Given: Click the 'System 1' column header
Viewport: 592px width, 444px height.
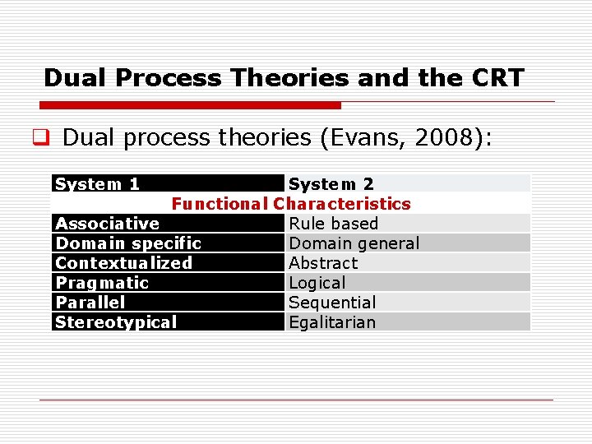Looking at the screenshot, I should point(97,184).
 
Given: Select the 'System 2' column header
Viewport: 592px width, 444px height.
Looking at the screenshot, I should point(331,184).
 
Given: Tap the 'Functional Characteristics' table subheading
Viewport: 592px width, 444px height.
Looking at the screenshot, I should point(291,204).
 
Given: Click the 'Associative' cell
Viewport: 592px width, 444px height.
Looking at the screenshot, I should point(107,224).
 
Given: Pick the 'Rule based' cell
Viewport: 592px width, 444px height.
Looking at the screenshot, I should point(333,224).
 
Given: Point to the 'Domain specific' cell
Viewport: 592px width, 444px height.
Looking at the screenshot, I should point(127,243).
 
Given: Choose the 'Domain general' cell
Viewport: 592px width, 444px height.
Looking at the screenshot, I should point(354,243).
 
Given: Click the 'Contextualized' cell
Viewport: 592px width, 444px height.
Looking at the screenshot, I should point(123,263).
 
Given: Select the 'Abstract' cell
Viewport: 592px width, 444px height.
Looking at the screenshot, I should point(323,263).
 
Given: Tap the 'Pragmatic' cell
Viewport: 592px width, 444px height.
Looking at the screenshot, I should point(102,283).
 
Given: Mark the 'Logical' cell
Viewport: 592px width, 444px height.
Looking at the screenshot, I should point(317,283).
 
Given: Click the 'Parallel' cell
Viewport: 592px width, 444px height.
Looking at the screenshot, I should point(90,303).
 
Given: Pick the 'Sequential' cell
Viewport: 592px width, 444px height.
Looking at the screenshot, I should point(332,303).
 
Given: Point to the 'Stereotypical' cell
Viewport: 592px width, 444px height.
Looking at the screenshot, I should point(116,322).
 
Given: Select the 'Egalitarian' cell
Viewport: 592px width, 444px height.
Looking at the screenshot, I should point(332,322).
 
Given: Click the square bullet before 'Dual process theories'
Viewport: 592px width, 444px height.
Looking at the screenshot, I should point(47,138).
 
